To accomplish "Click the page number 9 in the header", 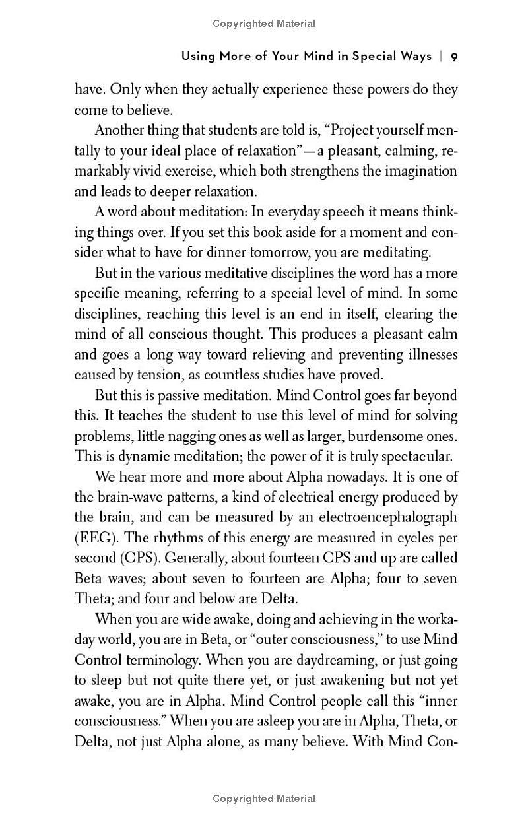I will pos(454,57).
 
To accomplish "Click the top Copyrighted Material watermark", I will pos(264,24).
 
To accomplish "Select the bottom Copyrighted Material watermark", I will pos(264,799).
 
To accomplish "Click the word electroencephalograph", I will pos(384,518).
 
